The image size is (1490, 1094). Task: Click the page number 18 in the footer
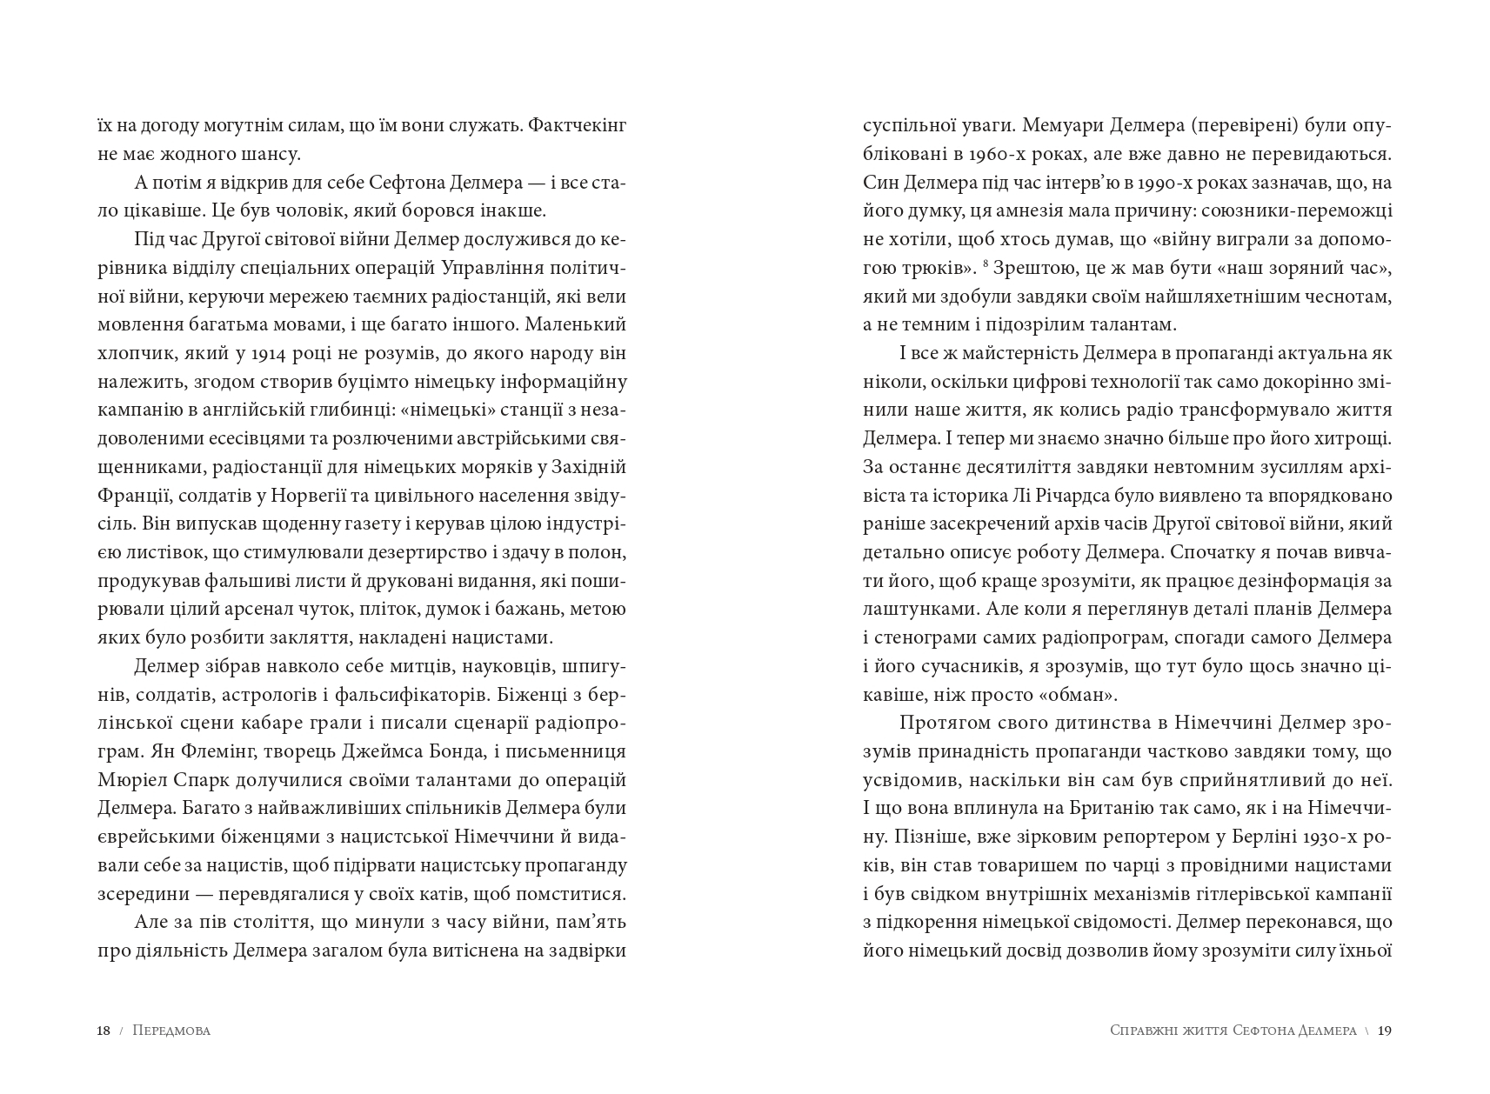(x=104, y=1031)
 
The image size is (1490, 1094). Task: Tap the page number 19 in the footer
(x=1386, y=1031)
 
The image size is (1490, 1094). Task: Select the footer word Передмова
(x=172, y=1031)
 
